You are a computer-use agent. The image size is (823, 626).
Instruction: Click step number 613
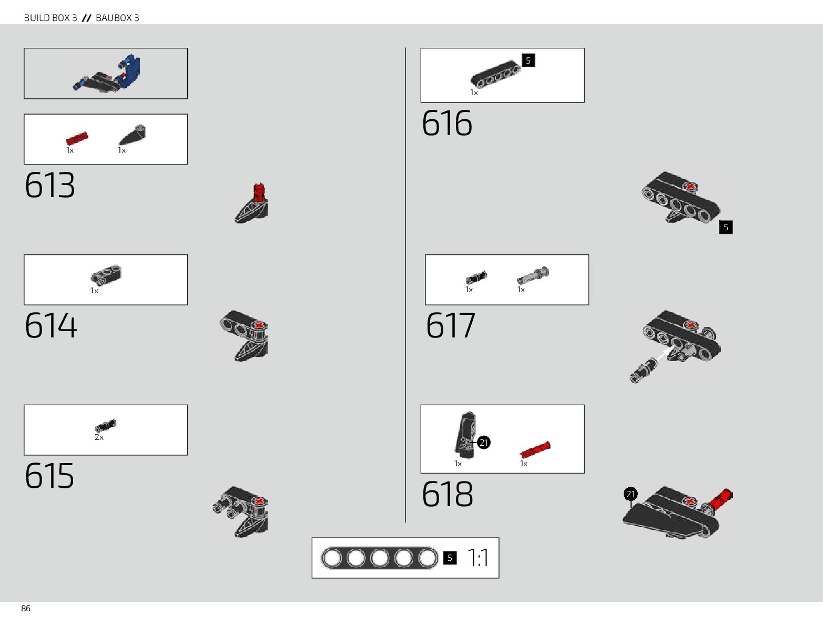click(x=50, y=185)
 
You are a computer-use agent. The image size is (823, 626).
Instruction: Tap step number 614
click(x=50, y=325)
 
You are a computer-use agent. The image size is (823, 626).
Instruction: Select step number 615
click(x=49, y=476)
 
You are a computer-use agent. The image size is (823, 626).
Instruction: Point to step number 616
click(x=447, y=124)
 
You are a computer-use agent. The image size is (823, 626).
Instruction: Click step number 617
click(x=451, y=325)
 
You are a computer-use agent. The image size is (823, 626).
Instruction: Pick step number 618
click(x=448, y=494)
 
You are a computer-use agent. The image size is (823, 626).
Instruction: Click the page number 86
click(x=26, y=609)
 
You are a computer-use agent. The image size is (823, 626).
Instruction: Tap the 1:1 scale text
click(x=477, y=558)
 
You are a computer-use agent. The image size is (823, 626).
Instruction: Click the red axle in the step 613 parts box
click(x=77, y=138)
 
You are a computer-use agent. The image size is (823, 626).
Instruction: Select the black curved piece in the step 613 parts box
click(x=132, y=135)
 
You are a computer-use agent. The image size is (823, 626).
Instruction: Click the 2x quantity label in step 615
click(x=99, y=437)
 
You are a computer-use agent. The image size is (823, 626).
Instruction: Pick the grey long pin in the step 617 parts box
click(x=533, y=275)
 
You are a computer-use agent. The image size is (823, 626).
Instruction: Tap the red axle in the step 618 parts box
click(x=535, y=450)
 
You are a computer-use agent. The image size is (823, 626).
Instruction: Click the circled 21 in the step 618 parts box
click(x=484, y=443)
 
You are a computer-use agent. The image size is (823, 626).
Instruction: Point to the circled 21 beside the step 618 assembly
click(x=631, y=494)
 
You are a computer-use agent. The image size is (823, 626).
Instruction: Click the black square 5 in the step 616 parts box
click(x=528, y=60)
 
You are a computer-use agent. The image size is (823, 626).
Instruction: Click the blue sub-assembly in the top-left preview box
click(x=130, y=70)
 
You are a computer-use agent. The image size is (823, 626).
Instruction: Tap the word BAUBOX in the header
click(x=114, y=18)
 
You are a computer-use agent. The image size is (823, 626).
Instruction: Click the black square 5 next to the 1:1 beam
click(x=450, y=558)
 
